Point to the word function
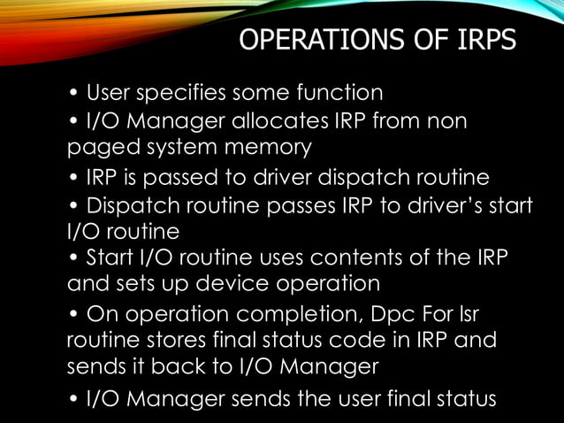coord(339,92)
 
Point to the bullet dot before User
coord(75,93)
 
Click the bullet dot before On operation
coord(75,315)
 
